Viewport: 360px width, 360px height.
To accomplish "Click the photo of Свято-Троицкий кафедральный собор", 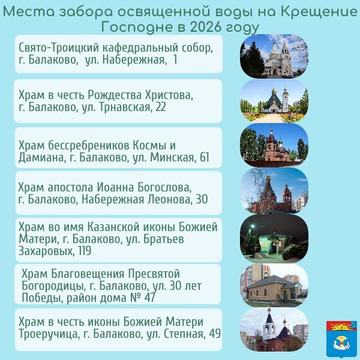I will click(274, 55).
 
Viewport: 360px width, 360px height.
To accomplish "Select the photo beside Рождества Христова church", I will click(274, 100).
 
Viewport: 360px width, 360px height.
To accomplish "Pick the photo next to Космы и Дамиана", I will click(274, 145).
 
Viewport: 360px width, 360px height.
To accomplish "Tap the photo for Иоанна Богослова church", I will click(274, 191).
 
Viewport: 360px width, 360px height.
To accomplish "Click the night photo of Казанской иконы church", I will click(274, 238).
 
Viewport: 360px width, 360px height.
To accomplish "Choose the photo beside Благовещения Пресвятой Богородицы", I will click(274, 284).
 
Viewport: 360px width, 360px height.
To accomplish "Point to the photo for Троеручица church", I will click(274, 329).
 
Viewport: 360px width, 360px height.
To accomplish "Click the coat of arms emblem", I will click(341, 337).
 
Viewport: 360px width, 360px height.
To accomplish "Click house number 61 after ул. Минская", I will click(204, 158).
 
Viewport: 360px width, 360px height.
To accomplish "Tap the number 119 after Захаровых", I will click(81, 251).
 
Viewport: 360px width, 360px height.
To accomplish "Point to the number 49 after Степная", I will click(214, 334).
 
